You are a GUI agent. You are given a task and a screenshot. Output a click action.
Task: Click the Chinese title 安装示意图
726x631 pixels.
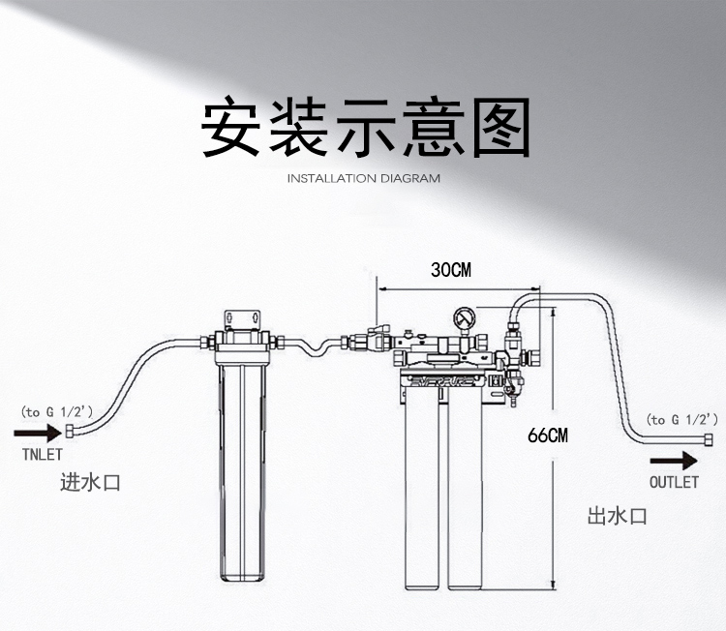click(365, 127)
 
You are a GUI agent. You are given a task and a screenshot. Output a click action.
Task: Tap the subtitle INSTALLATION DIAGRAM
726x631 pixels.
click(364, 178)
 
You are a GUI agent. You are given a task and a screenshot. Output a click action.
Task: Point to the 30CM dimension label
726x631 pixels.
click(450, 270)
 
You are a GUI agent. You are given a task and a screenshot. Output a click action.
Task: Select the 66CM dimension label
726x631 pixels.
click(548, 436)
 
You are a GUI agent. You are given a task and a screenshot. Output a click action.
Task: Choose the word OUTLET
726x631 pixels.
click(673, 481)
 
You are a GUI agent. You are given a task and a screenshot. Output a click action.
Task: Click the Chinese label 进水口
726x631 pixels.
click(90, 482)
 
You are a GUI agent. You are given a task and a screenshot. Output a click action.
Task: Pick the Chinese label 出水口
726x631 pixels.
click(617, 517)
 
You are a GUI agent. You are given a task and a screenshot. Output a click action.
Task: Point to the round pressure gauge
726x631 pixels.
click(462, 316)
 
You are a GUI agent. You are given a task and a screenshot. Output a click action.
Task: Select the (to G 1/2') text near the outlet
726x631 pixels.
click(682, 419)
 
